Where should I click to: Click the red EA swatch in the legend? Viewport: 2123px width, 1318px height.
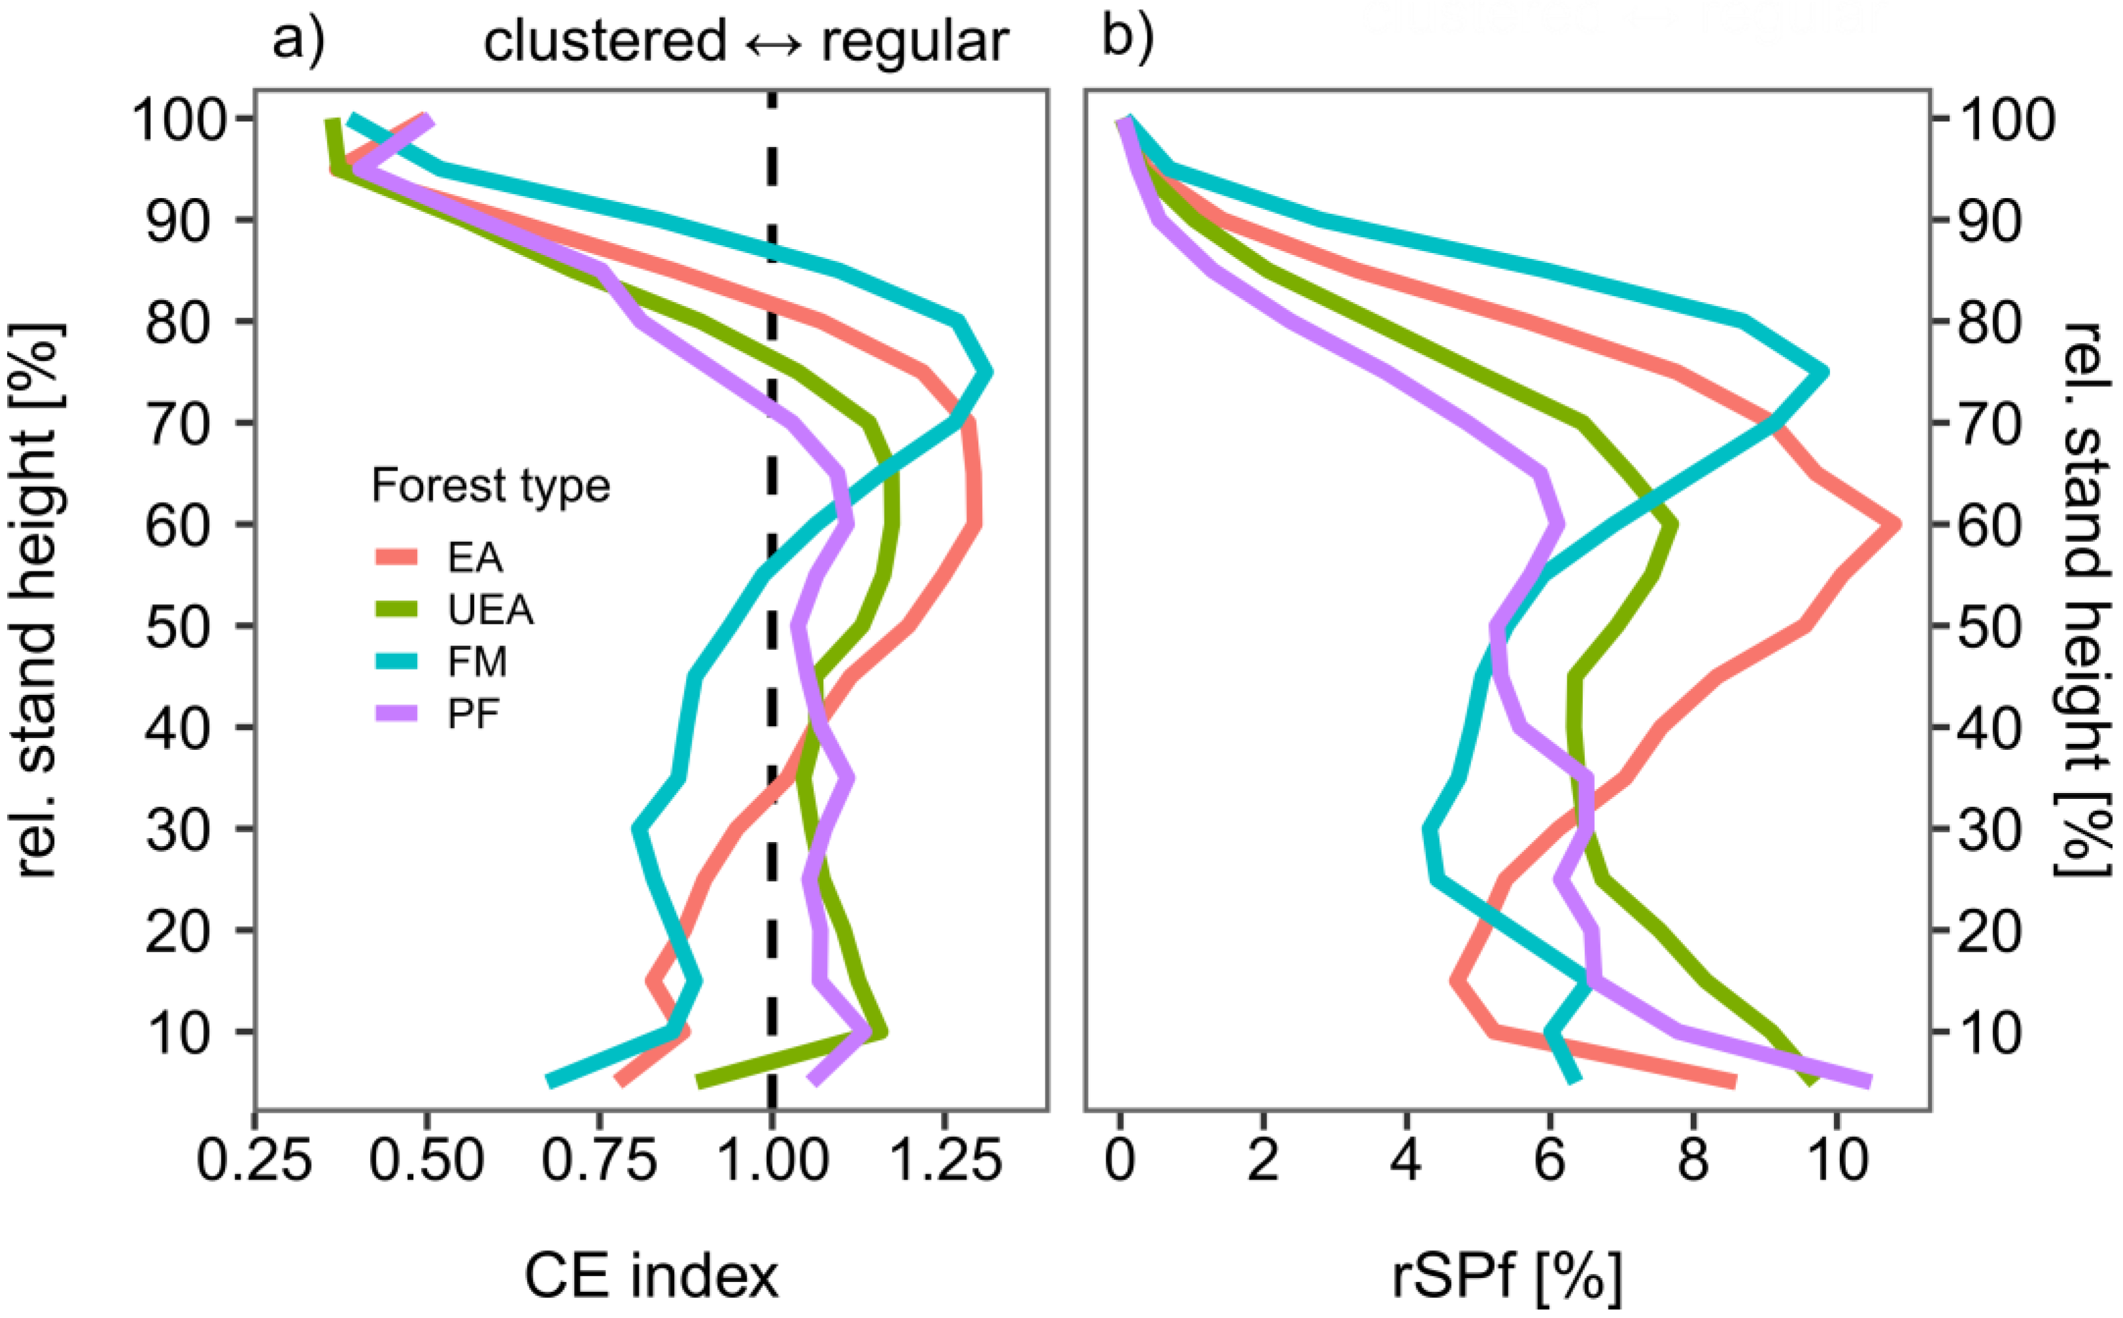396,557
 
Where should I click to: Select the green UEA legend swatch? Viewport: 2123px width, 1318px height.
396,609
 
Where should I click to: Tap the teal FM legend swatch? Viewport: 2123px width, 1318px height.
396,662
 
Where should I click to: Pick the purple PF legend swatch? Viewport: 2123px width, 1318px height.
396,714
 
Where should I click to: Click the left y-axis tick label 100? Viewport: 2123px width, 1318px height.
180,120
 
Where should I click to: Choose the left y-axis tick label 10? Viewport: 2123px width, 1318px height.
180,1033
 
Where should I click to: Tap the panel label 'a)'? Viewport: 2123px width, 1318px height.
299,39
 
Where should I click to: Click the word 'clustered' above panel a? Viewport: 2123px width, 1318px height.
605,41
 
